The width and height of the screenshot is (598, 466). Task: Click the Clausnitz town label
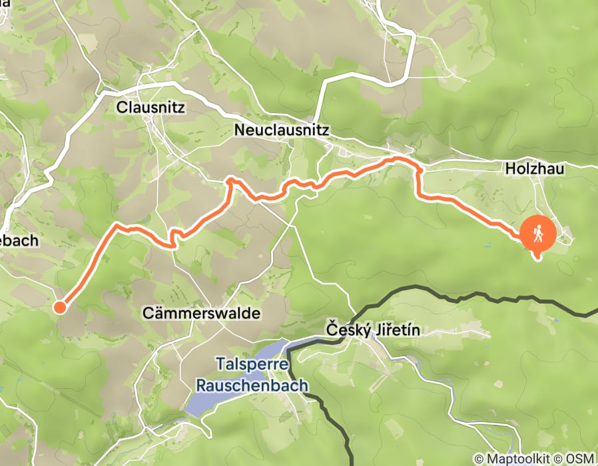click(150, 107)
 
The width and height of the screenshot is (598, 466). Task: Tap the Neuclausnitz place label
click(282, 131)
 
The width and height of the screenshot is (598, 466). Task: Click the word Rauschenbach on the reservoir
click(252, 385)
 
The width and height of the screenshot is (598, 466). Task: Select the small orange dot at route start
click(59, 307)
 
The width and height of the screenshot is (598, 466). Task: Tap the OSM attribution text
click(579, 459)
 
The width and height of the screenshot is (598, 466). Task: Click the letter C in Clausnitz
click(121, 107)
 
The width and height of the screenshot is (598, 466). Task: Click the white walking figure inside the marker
click(538, 233)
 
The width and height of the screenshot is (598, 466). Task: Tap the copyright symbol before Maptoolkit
click(479, 459)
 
